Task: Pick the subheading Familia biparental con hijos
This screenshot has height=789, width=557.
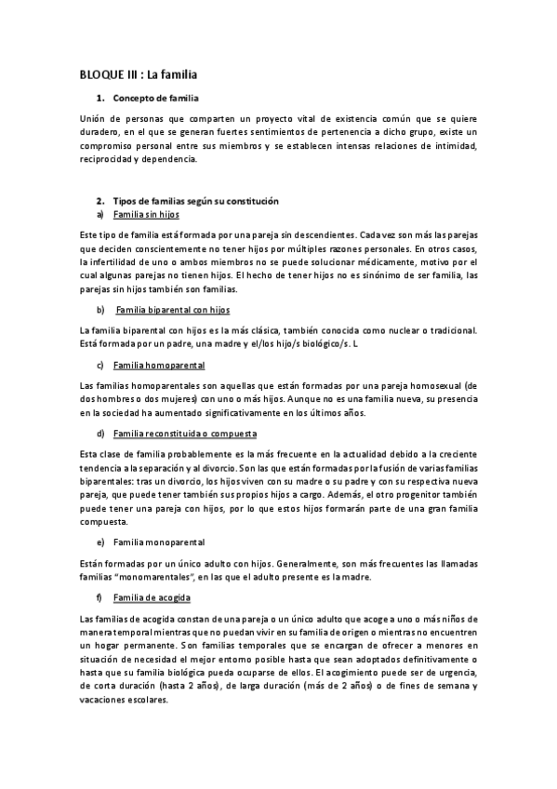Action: pyautogui.click(x=173, y=309)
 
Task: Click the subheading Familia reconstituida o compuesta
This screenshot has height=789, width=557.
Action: pyautogui.click(x=185, y=434)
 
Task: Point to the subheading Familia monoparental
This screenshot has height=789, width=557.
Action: pyautogui.click(x=160, y=541)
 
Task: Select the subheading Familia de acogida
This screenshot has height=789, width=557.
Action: pyautogui.click(x=152, y=595)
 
